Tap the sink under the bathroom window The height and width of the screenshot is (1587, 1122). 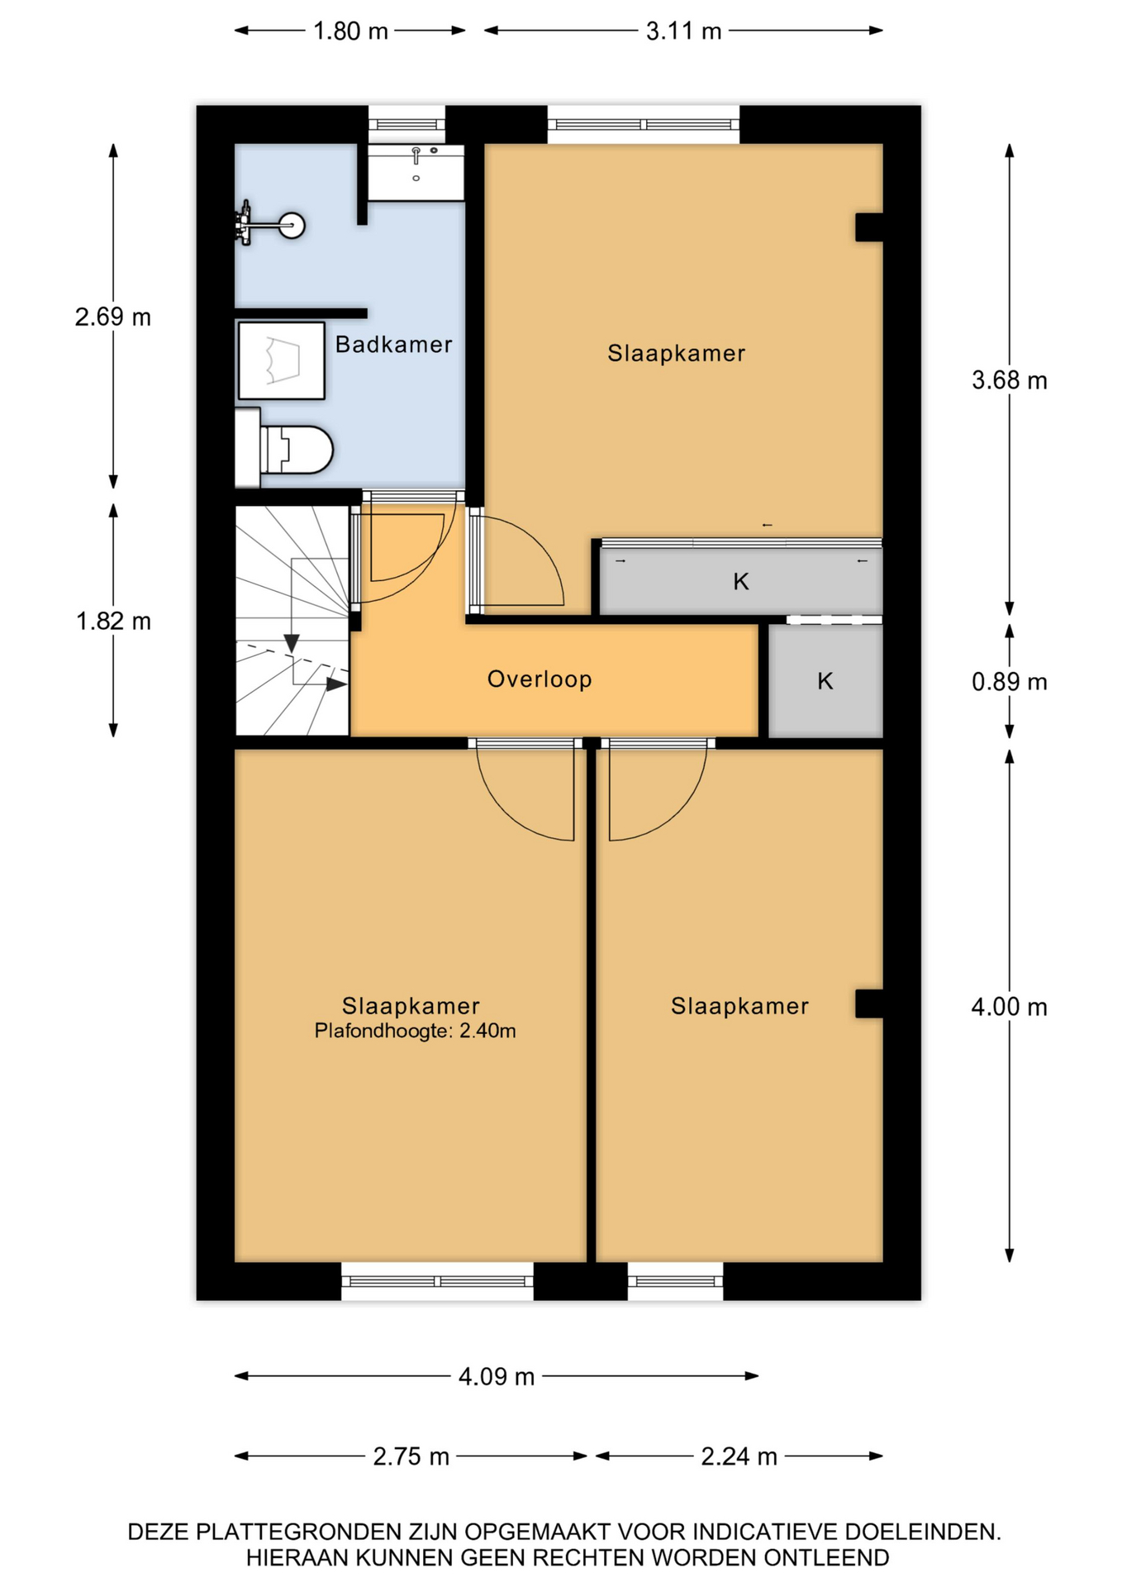(416, 172)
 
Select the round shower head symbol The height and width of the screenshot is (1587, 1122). (292, 225)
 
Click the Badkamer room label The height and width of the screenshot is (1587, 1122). (393, 345)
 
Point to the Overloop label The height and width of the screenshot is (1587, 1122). (540, 679)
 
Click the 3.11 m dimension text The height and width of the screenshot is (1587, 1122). (683, 31)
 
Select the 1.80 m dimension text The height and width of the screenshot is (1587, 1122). (350, 31)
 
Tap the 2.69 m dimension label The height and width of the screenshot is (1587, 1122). (113, 317)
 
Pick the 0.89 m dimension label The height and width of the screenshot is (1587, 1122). (1009, 682)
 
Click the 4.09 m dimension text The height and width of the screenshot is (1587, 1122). (497, 1376)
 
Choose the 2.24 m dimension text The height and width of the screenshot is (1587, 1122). (739, 1456)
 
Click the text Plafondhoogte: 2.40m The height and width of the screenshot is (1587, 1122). (415, 1031)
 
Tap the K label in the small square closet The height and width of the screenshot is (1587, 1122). (825, 681)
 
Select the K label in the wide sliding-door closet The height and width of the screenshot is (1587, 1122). (741, 582)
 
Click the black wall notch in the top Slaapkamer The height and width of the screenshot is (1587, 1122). (869, 227)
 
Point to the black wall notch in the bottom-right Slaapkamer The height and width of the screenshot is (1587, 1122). (869, 1003)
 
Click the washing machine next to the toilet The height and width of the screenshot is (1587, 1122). (281, 360)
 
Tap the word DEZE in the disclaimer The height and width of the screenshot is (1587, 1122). (157, 1532)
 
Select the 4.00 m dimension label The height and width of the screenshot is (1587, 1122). (1009, 1007)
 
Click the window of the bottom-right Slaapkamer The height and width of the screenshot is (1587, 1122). (675, 1281)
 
